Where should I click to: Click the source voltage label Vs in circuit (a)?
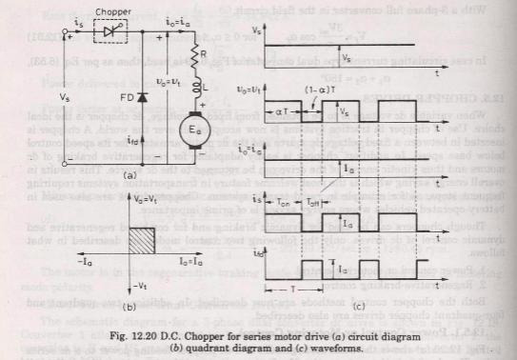65,98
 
